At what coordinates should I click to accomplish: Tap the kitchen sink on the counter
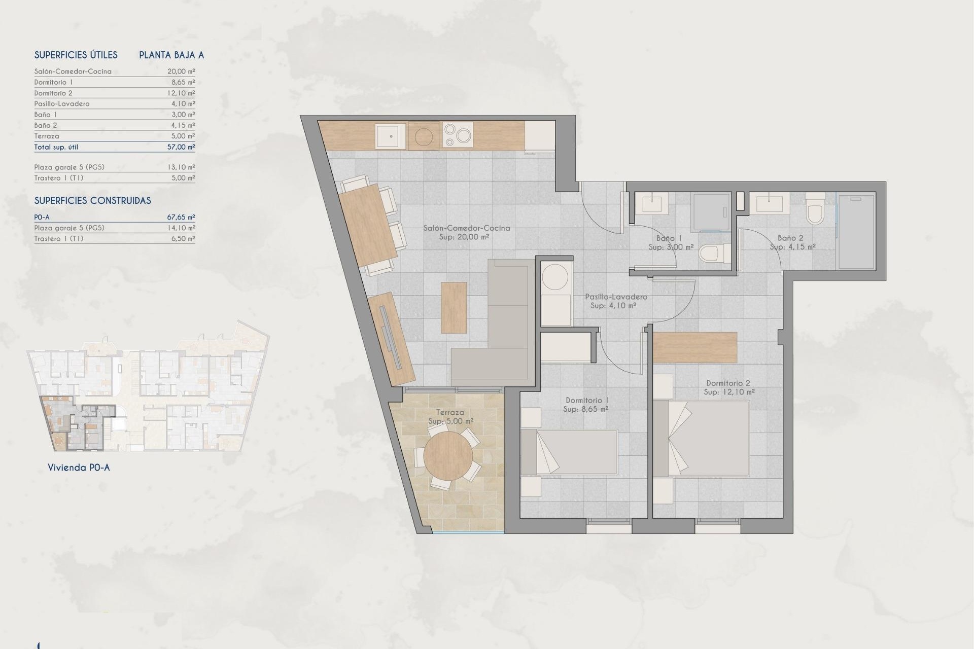pyautogui.click(x=391, y=136)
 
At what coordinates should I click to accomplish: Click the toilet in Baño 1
pyautogui.click(x=713, y=253)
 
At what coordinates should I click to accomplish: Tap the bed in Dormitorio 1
pyautogui.click(x=569, y=452)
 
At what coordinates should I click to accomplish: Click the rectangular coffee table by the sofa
pyautogui.click(x=454, y=308)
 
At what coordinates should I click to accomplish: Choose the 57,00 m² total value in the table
pyautogui.click(x=181, y=147)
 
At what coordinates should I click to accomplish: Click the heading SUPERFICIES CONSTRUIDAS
pyautogui.click(x=92, y=201)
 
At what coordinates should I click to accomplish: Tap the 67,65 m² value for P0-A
pyautogui.click(x=181, y=217)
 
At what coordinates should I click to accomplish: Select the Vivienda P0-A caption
pyautogui.click(x=79, y=467)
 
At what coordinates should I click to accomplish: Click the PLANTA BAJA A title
pyautogui.click(x=171, y=55)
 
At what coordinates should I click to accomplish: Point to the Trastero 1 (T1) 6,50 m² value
pyautogui.click(x=181, y=238)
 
